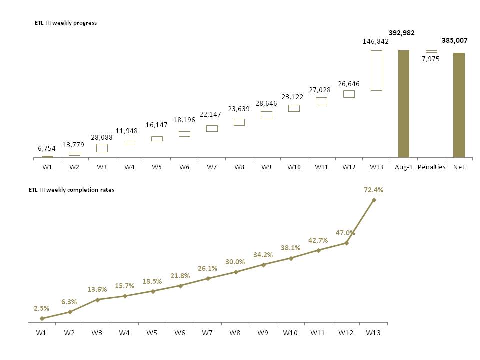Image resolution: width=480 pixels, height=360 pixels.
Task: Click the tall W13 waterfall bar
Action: coord(376,70)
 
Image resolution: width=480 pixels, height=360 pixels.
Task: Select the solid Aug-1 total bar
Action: coord(404,104)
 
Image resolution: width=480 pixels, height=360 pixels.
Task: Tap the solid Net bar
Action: coord(459,105)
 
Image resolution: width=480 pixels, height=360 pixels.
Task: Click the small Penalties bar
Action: coord(431,51)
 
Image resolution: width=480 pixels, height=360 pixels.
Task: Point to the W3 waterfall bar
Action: coord(102,148)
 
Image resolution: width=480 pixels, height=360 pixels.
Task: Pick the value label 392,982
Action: coord(402,33)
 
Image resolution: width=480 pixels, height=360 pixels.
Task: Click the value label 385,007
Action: coord(455,40)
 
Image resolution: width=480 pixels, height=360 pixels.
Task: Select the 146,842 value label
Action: coord(376,42)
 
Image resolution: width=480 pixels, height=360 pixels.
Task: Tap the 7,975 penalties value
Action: coord(431,59)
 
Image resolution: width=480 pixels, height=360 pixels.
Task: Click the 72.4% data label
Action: coord(373,190)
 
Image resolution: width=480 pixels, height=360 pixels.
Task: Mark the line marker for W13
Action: coord(374,200)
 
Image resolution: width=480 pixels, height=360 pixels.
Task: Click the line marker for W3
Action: coord(98,300)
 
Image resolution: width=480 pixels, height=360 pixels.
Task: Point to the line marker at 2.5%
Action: coord(42,318)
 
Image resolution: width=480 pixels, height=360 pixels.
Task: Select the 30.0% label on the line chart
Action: coord(235,262)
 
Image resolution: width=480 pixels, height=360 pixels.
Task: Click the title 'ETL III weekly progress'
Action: coord(66,23)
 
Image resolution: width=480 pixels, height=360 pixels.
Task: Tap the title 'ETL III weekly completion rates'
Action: coord(72,190)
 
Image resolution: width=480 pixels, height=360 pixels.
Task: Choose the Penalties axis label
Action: coord(431,167)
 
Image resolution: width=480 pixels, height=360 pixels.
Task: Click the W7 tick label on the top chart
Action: coord(212,167)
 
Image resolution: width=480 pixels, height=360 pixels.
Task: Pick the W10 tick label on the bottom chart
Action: coord(290,332)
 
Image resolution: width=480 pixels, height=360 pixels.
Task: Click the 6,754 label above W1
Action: coord(47,148)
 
